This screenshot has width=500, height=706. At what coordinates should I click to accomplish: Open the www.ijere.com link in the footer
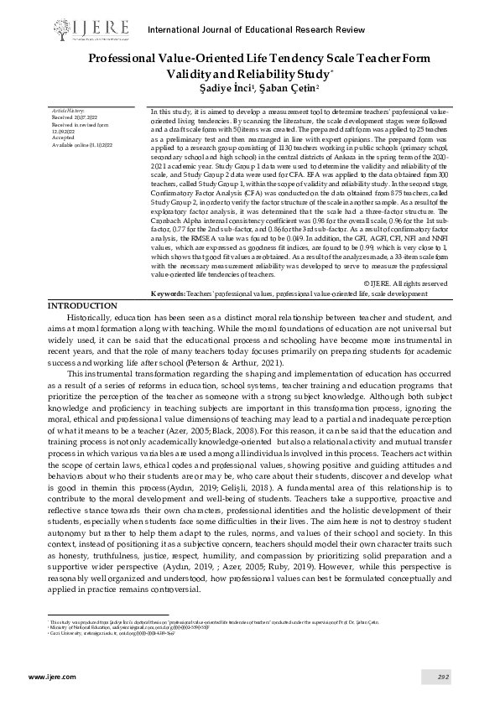(x=46, y=676)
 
